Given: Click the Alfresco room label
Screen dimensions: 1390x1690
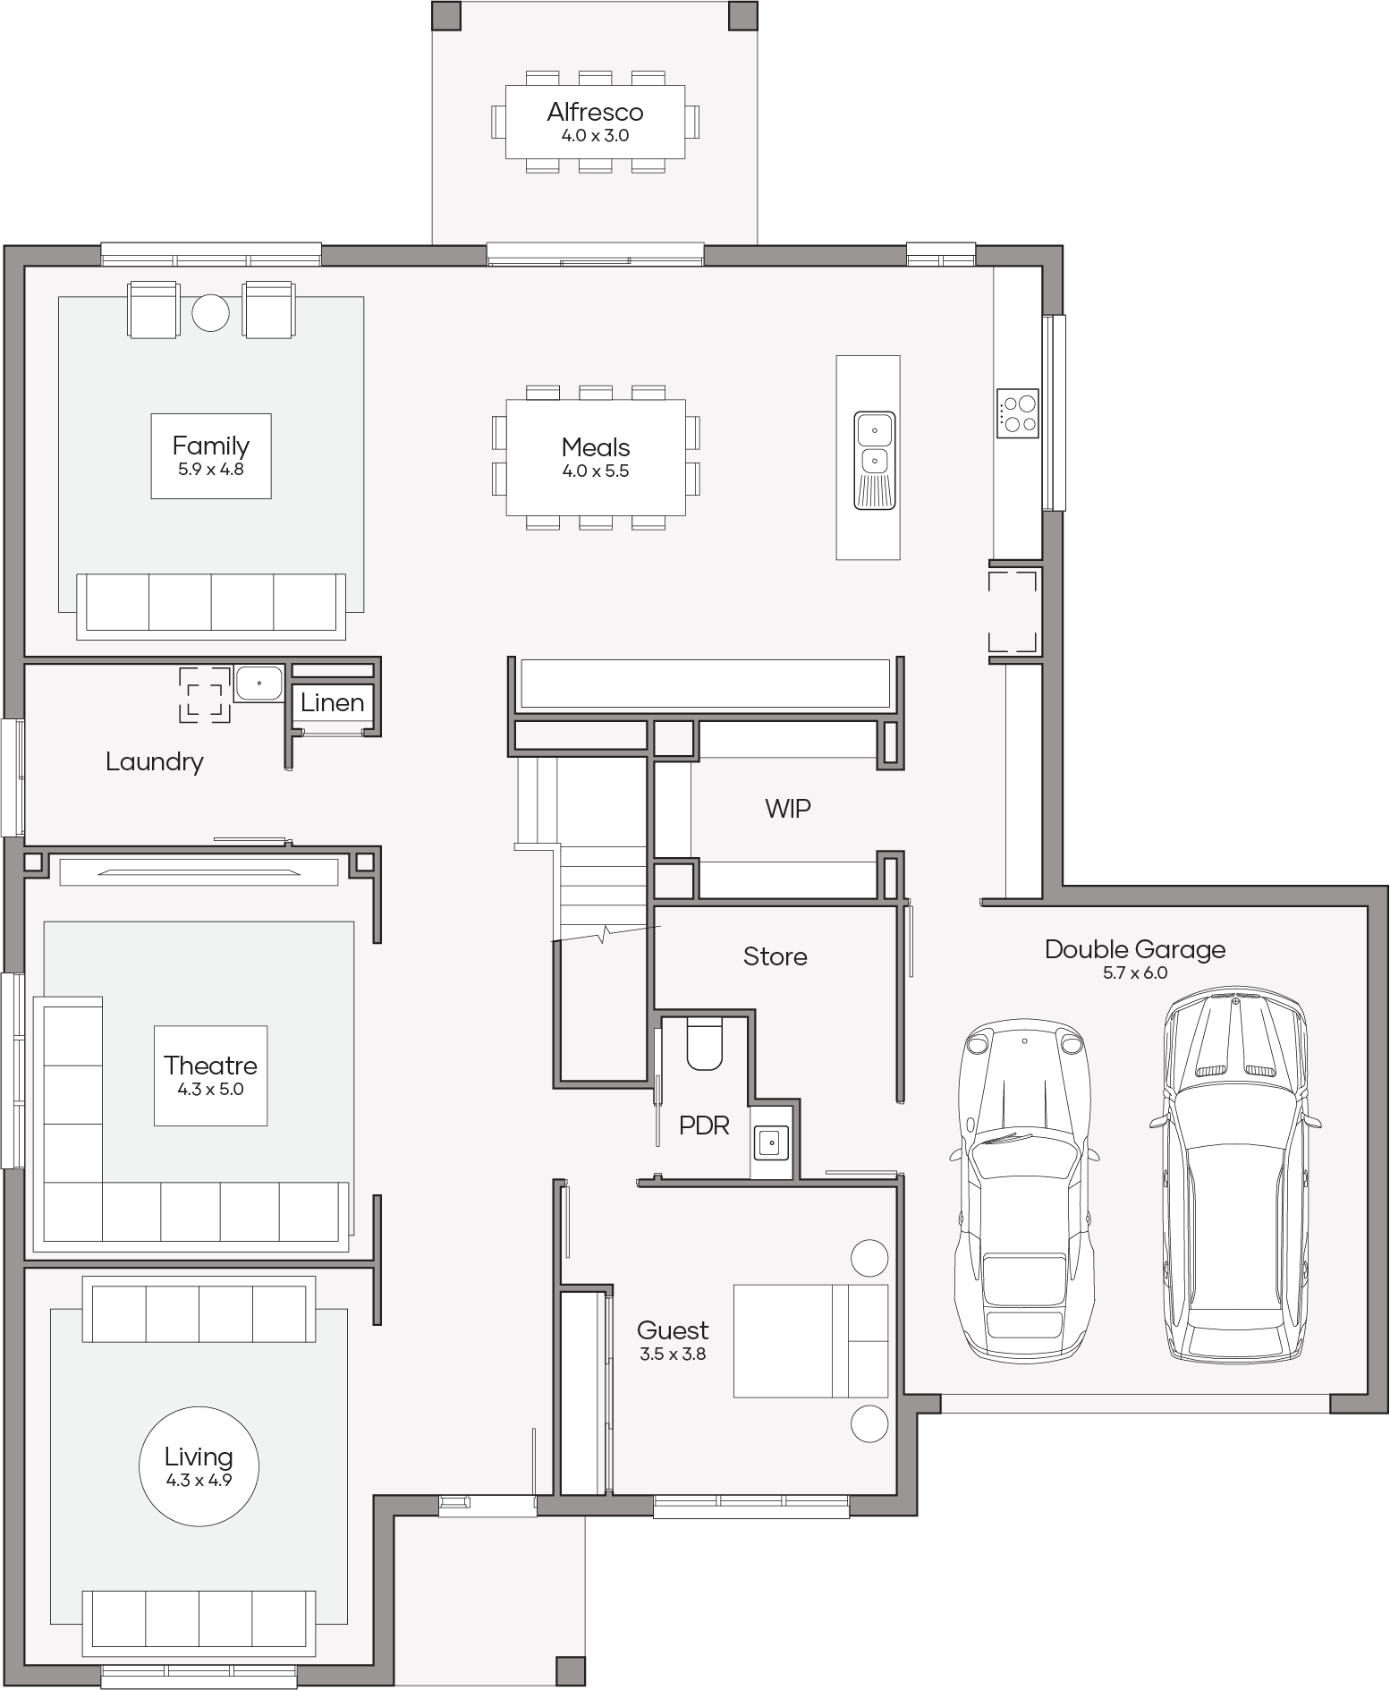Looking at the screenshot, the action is click(595, 112).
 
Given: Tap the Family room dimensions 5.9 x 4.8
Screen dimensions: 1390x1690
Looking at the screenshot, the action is click(211, 469).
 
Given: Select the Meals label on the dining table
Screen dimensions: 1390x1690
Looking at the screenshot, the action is click(596, 447).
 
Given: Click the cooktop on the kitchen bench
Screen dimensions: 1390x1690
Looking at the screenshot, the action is click(1018, 413).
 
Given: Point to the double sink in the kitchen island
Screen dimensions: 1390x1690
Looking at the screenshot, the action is click(874, 460).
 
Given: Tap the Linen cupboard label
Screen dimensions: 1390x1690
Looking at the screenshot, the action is click(333, 703).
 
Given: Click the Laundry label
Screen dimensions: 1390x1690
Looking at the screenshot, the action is click(155, 762).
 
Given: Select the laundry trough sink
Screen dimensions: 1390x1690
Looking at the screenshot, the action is click(259, 683).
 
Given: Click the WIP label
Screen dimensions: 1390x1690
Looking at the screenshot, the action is click(788, 809).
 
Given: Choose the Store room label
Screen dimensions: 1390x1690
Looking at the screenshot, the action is click(776, 957).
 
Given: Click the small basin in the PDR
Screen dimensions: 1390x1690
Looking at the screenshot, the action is click(770, 1141).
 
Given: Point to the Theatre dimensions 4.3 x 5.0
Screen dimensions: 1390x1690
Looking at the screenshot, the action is click(211, 1089).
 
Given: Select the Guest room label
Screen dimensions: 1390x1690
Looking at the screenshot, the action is click(673, 1330).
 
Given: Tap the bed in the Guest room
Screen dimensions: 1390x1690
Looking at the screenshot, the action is click(810, 1341).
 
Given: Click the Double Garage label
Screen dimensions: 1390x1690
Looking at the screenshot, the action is click(1135, 950).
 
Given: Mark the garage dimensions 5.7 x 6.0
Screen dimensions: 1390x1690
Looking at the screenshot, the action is click(1135, 972).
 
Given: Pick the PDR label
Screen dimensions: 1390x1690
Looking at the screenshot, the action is click(704, 1125).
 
